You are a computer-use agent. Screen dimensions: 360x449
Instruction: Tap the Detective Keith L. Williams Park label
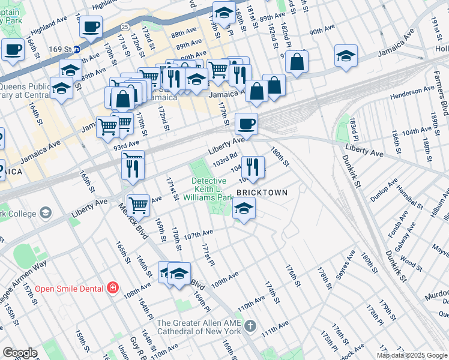[x=212, y=188]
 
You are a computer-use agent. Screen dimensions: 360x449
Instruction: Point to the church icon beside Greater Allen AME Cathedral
[x=250, y=327]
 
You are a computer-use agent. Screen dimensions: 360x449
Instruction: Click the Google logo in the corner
[x=20, y=353]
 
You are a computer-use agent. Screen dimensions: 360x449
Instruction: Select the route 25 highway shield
[x=125, y=27]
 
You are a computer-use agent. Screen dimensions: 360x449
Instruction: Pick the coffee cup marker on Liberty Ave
[x=246, y=124]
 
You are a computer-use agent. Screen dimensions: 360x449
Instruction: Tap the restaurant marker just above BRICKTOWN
[x=253, y=166]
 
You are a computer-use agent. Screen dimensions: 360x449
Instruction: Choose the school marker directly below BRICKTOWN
[x=244, y=209]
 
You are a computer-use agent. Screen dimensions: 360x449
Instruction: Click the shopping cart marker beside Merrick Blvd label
[x=139, y=205]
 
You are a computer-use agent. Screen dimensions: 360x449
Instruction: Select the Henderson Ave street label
[x=412, y=92]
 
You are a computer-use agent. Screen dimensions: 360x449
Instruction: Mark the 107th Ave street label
[x=198, y=234]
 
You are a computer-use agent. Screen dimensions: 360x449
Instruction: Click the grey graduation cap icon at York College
[x=45, y=213]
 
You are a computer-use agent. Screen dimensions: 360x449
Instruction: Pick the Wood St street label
[x=410, y=262]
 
